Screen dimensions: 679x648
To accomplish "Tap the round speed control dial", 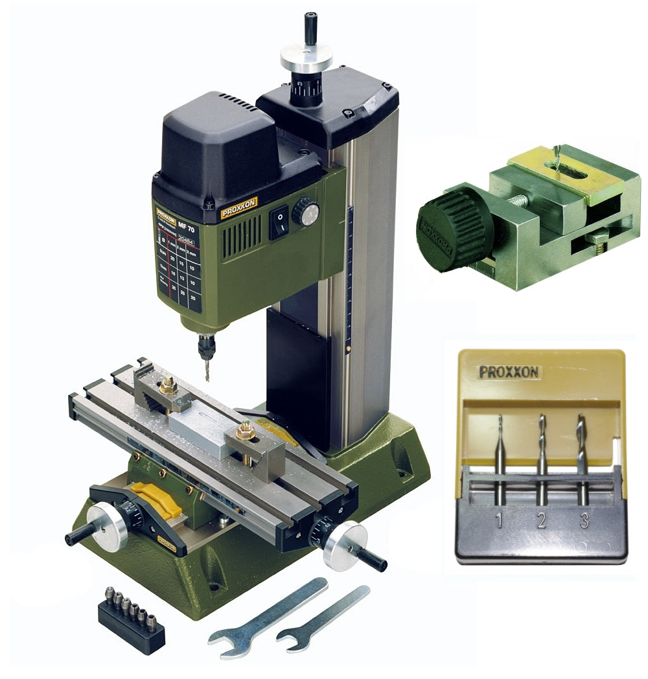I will coord(306,212).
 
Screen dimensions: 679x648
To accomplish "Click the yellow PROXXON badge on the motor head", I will coord(238,207).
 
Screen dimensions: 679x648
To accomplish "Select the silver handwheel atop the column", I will coord(306,58).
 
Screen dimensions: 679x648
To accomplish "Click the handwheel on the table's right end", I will coord(345,546).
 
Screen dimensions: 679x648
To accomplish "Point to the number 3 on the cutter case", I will coord(584,521).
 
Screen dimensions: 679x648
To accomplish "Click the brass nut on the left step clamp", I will coord(168,387).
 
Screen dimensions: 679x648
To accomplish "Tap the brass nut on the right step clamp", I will coord(246,430).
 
